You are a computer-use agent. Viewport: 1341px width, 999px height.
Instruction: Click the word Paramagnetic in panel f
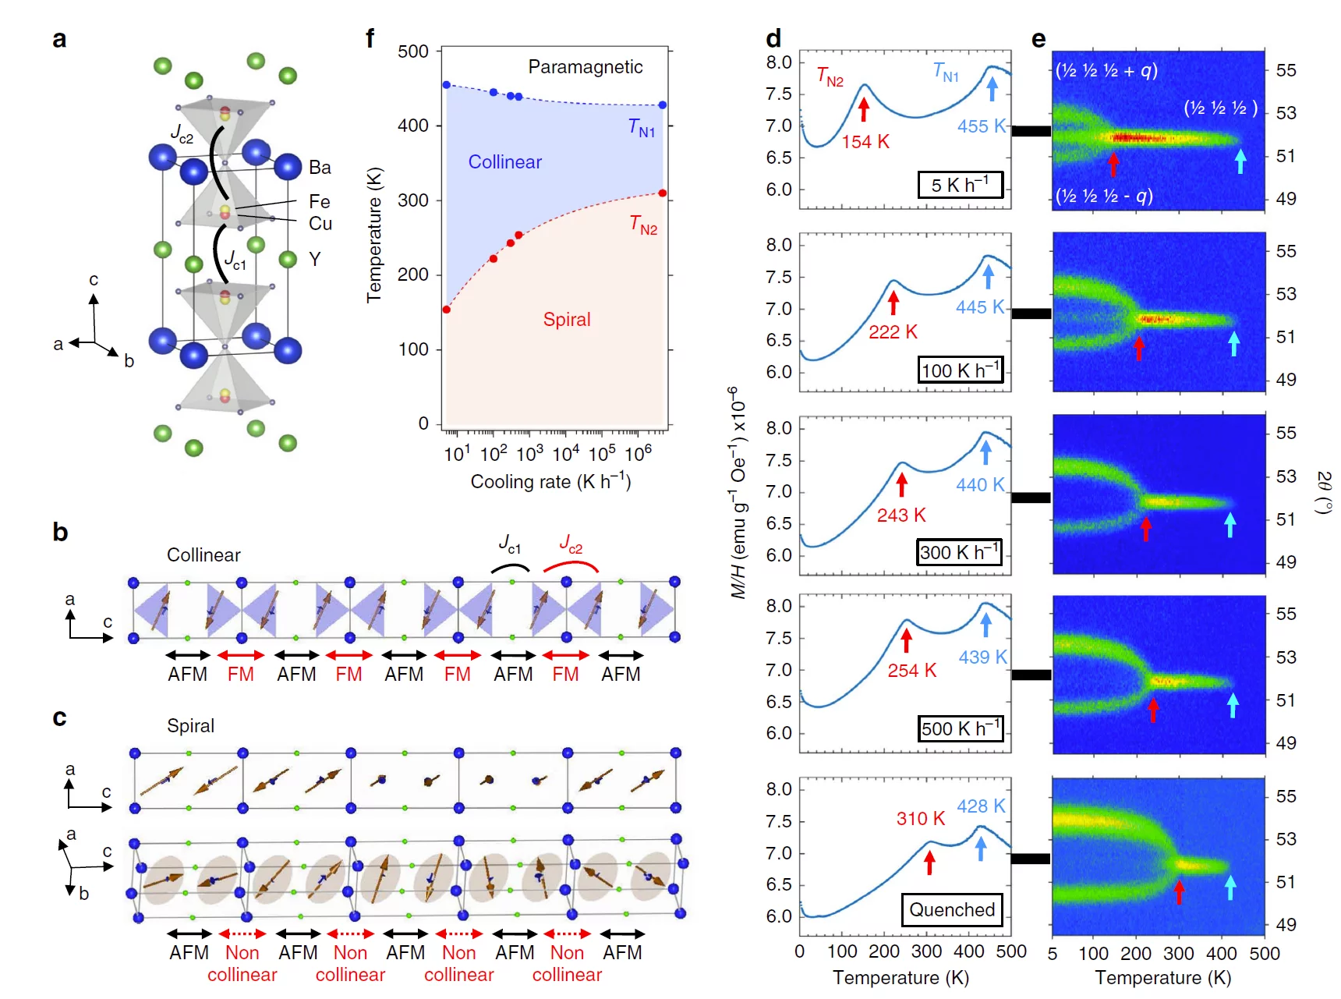[x=585, y=67]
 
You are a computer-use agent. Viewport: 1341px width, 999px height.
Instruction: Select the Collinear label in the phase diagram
[x=504, y=162]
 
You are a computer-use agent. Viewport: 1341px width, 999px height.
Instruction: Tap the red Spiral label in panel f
[x=567, y=320]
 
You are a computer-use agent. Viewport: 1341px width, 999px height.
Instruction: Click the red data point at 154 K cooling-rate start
[x=447, y=310]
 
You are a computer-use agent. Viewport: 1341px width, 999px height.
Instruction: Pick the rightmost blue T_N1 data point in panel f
[x=663, y=105]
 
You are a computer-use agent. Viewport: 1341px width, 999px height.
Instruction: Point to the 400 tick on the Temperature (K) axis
[x=413, y=126]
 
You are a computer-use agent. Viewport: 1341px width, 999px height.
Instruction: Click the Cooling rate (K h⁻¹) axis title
[x=550, y=482]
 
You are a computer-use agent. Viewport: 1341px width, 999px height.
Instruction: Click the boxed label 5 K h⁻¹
[x=960, y=185]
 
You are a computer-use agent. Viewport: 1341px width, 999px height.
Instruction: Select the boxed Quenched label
[x=952, y=909]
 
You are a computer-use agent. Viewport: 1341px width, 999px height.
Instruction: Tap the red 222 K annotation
[x=893, y=332]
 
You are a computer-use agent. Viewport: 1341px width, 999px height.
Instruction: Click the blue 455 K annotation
[x=982, y=126]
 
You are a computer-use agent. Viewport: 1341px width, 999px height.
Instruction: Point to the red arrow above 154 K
[x=863, y=108]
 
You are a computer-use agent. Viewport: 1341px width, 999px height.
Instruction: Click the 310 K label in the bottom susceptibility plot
[x=920, y=818]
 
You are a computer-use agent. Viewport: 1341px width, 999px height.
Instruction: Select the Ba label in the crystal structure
[x=320, y=168]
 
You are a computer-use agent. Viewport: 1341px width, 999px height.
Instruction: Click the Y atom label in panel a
[x=314, y=259]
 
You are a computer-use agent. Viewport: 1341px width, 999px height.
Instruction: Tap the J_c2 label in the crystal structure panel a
[x=182, y=135]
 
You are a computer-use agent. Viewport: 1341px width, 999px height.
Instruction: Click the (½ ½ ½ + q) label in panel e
[x=1106, y=71]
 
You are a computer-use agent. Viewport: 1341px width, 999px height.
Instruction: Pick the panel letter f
[x=370, y=38]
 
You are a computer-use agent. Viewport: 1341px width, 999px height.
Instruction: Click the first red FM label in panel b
[x=240, y=675]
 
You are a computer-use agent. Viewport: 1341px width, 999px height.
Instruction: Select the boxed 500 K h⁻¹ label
[x=960, y=728]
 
